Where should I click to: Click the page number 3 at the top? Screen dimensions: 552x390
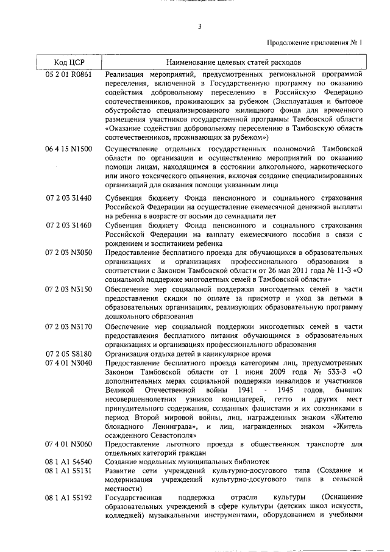click(x=199, y=26)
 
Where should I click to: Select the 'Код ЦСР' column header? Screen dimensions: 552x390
click(x=69, y=62)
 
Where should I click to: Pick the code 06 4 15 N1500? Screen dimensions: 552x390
click(x=69, y=149)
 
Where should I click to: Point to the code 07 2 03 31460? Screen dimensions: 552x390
click(x=69, y=226)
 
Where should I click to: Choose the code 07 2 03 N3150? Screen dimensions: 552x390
click(x=69, y=289)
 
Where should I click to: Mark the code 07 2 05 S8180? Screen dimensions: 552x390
click(x=69, y=354)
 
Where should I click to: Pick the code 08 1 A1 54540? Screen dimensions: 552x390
click(x=69, y=463)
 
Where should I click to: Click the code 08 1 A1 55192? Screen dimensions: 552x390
click(x=69, y=498)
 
